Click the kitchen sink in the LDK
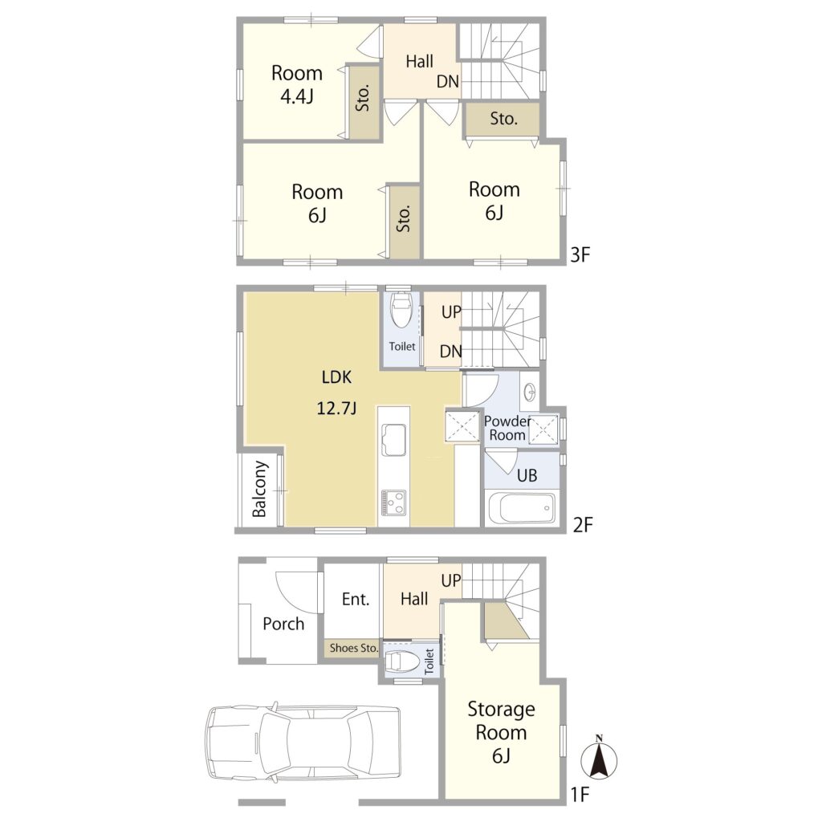click(393, 440)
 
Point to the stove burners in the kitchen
click(393, 503)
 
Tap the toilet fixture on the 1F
click(403, 662)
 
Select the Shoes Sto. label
click(354, 648)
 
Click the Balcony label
click(260, 489)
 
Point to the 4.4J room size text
click(297, 96)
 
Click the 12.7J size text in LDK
click(336, 408)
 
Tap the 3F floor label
click(580, 254)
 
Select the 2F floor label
click(583, 524)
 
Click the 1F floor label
click(580, 795)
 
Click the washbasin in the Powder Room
click(530, 391)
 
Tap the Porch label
click(283, 623)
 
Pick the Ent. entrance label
click(356, 599)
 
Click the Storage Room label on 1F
click(501, 720)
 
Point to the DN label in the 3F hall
click(448, 81)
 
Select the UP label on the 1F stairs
click(451, 580)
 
